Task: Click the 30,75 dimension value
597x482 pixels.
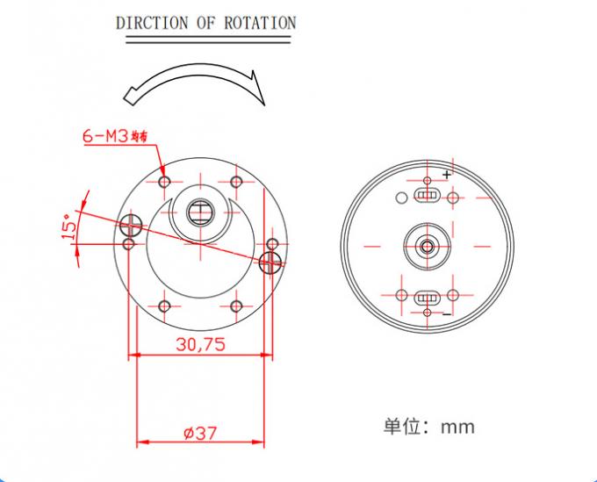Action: coord(199,344)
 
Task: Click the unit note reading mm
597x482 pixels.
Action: coord(457,428)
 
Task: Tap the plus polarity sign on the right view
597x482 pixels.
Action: coord(447,175)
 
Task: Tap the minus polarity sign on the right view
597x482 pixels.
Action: coord(447,314)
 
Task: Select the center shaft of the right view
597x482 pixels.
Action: coord(427,246)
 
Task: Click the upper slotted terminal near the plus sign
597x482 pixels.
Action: coord(427,191)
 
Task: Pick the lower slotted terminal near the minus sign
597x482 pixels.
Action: coord(427,298)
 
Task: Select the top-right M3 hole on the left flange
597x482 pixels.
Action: coord(235,182)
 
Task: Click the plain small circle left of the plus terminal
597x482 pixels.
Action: coord(401,195)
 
